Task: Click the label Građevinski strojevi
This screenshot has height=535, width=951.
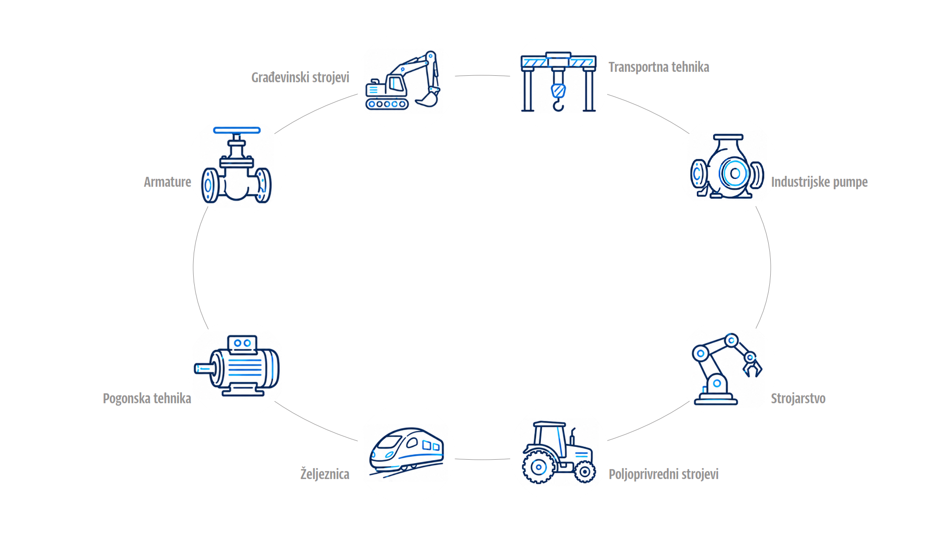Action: coord(300,78)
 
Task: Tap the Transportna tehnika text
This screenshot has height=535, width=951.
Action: coord(659,67)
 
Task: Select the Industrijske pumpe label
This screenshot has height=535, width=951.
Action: coord(819,182)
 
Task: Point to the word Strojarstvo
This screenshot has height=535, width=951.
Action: coord(798,398)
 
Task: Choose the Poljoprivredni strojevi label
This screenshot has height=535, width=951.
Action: coord(664,474)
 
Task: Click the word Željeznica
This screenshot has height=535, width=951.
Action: coord(324,474)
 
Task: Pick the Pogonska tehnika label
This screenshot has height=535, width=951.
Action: coord(147,398)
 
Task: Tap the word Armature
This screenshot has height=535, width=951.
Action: coord(167,182)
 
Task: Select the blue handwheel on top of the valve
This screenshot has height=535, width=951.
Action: coord(237,130)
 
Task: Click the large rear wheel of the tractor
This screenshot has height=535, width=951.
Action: coord(538,467)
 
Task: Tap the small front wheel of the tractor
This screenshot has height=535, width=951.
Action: coord(584,472)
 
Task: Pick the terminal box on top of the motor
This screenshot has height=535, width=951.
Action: coord(242,343)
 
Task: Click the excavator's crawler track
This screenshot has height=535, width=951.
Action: coord(387,104)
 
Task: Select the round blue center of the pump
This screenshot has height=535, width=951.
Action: coord(735,173)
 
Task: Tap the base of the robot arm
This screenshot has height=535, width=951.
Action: coord(716,399)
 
